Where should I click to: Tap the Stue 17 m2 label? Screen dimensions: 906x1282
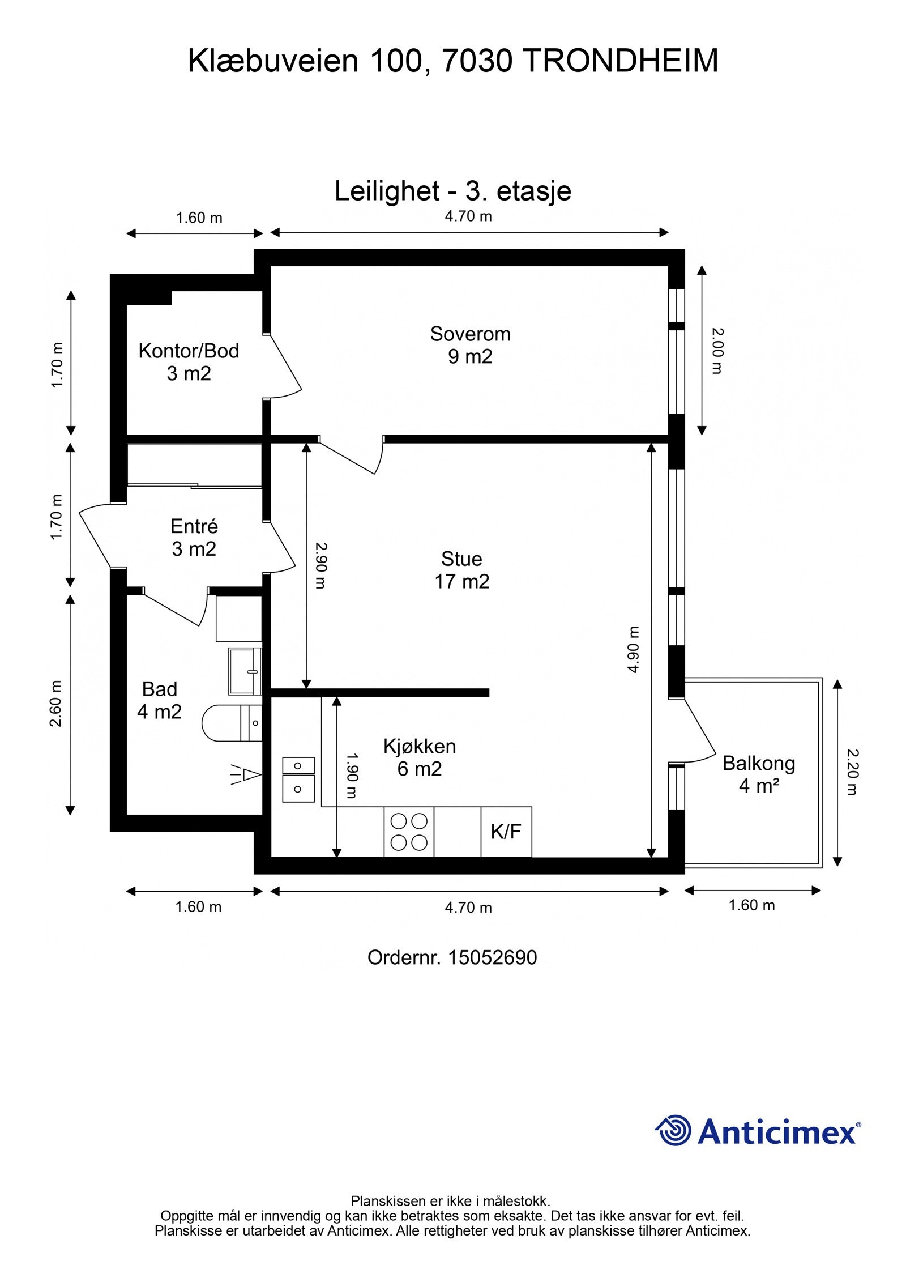(461, 570)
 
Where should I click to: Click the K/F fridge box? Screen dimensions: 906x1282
(506, 832)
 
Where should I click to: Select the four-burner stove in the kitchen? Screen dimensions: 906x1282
(409, 832)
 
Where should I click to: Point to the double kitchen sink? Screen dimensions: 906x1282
(298, 780)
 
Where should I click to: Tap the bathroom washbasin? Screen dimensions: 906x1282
(245, 671)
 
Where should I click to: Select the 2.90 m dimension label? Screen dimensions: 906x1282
(320, 566)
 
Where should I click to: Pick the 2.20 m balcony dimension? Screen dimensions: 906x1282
(852, 772)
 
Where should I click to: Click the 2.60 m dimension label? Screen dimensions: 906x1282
(55, 704)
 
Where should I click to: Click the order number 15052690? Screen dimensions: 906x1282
(493, 957)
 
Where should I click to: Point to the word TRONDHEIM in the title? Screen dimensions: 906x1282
(620, 61)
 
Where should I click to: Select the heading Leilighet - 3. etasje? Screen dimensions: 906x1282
(453, 191)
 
